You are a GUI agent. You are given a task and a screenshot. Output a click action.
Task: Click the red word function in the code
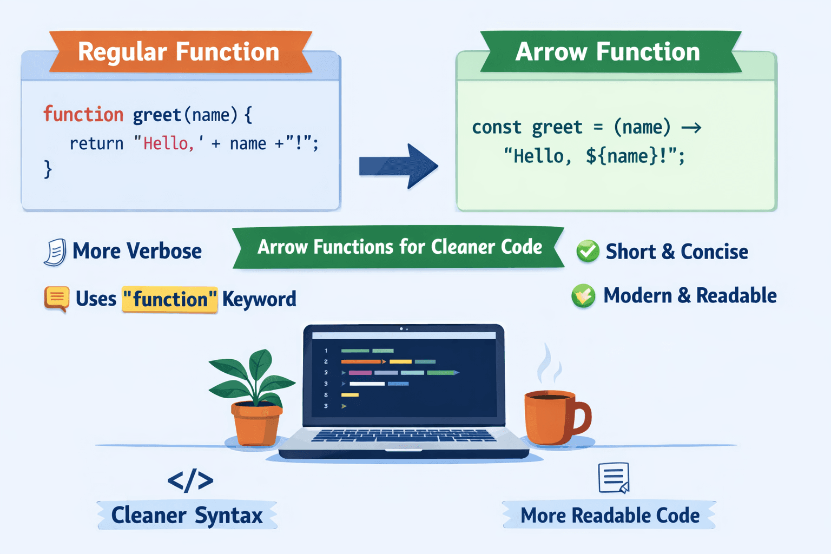click(x=83, y=115)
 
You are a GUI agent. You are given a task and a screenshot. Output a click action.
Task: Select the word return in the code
click(x=96, y=143)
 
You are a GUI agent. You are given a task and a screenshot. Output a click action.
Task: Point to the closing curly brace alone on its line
click(x=48, y=169)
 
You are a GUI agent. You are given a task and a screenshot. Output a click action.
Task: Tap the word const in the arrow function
click(x=497, y=127)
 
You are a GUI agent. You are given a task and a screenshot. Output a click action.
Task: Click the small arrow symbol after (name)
click(x=691, y=128)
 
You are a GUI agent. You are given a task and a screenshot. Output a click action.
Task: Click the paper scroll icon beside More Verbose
click(x=55, y=252)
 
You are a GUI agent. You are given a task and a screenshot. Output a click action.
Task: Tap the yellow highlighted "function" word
click(x=169, y=299)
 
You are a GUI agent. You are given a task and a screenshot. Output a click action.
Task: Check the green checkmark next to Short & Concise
click(x=588, y=251)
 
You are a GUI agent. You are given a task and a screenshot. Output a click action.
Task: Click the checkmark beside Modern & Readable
click(x=583, y=295)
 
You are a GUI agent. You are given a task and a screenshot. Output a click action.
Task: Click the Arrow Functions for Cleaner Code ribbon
click(x=399, y=247)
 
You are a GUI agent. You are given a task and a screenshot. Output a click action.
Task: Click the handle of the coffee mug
click(x=583, y=418)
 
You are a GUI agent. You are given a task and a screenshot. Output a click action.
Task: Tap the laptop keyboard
click(x=403, y=436)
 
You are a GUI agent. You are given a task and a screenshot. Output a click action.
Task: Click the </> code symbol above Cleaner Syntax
click(x=190, y=480)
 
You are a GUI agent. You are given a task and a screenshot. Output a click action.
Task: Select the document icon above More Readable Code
click(x=614, y=477)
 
